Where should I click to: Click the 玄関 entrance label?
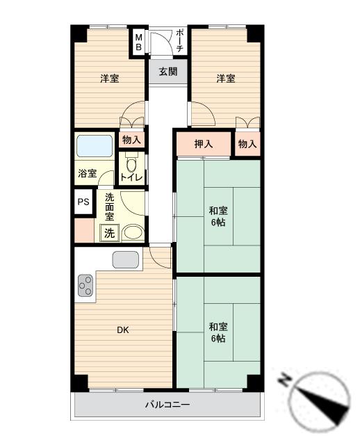pos(167,72)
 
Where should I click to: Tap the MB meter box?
pos(138,42)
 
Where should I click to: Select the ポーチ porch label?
pos(179,41)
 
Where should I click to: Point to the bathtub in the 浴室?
pos(95,147)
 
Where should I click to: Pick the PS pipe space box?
pos(83,202)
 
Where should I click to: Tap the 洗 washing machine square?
pos(111,233)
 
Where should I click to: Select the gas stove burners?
pos(85,284)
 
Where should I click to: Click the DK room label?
pos(123,330)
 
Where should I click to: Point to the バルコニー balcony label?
pos(167,404)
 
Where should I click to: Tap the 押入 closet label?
pos(202,145)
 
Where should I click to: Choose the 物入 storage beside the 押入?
pos(247,145)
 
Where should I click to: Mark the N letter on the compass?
pos(285,380)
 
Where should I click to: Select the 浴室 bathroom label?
pos(87,175)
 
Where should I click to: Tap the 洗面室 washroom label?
pos(110,207)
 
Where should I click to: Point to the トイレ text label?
pos(131,178)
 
